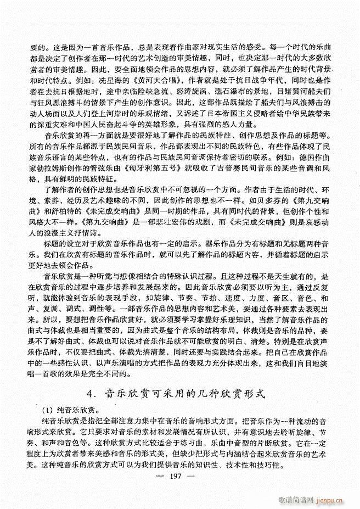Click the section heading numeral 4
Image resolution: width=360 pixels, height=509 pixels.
pyautogui.click(x=91, y=393)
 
